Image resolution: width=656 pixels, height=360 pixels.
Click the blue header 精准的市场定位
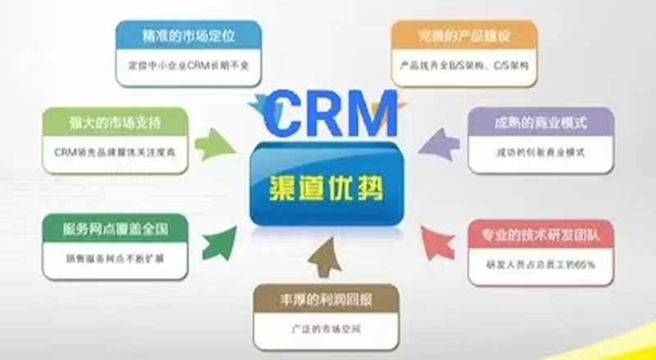190,35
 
